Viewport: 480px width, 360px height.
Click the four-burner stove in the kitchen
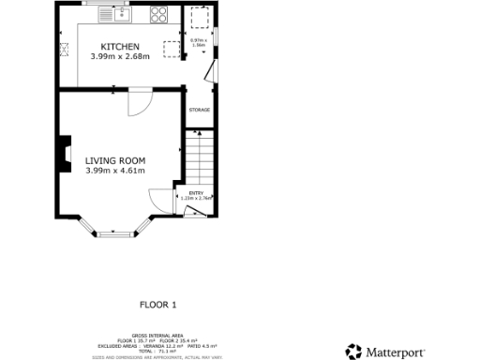157,15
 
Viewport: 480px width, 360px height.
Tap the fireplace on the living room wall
65,155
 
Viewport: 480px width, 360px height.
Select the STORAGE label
199,110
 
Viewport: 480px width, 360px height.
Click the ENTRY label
195,193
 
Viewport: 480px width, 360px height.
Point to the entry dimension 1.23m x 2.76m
195,199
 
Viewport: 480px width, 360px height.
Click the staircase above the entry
200,155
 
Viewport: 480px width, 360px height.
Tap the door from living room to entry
161,200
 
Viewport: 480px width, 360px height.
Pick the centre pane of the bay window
116,231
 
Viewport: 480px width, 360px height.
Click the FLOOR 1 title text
157,305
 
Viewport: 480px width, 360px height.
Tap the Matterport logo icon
353,352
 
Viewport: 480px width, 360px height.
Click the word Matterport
396,352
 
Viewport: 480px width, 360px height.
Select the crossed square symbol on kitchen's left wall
65,51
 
